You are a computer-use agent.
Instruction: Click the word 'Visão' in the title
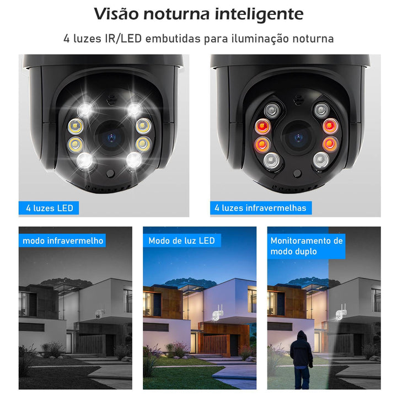116,14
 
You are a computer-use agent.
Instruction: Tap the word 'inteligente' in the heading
259,15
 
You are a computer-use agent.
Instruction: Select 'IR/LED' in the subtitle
123,39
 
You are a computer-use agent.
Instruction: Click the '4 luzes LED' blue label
49,208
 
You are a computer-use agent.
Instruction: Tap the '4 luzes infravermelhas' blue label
261,208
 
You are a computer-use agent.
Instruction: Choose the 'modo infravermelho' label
62,240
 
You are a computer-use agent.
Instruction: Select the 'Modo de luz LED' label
182,240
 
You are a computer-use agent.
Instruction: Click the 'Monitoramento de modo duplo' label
307,246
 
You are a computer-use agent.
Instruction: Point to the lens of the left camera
111,138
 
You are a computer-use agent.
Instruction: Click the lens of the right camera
298,138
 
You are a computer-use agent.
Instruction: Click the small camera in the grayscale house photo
99,313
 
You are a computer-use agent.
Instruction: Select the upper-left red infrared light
262,126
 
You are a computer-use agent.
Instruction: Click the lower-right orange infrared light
330,144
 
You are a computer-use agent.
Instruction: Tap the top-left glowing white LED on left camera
85,110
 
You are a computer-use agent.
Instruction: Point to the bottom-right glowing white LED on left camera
134,160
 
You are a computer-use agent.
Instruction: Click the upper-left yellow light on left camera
76,126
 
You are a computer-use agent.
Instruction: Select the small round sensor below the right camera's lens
297,174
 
